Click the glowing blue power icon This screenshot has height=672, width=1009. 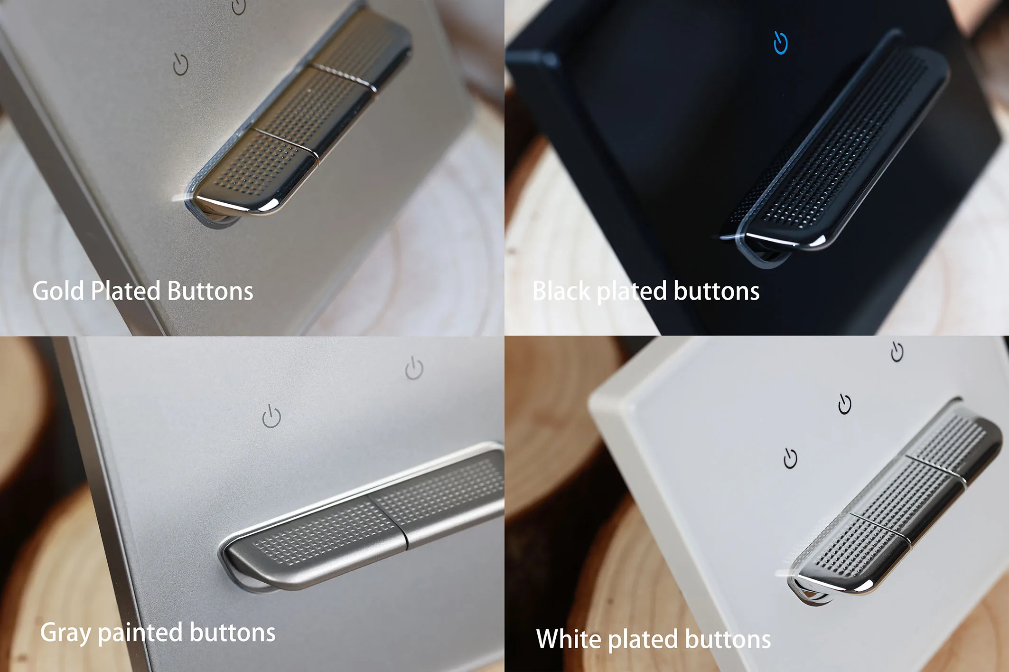point(781,43)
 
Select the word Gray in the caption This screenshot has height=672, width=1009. point(65,633)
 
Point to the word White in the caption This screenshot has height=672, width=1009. point(569,639)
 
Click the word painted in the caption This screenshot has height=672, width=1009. point(140,633)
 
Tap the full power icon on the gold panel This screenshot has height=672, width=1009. point(180,64)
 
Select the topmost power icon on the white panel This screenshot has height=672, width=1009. point(897,352)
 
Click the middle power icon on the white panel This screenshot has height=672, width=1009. point(845,404)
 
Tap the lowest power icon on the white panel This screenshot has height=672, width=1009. point(790,458)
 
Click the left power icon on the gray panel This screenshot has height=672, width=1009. point(271,416)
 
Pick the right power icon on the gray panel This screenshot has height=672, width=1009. point(414,369)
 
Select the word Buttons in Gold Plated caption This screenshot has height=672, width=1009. point(210,291)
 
